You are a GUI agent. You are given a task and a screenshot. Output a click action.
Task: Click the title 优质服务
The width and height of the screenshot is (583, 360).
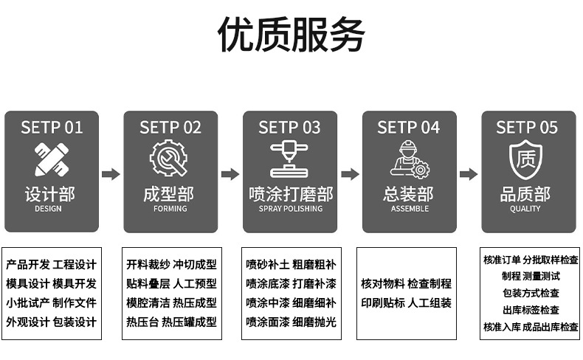click(x=291, y=35)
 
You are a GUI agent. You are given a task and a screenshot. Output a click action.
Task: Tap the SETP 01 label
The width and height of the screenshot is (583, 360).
click(x=52, y=127)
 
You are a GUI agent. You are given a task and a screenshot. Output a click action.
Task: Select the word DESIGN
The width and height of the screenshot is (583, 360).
click(x=49, y=209)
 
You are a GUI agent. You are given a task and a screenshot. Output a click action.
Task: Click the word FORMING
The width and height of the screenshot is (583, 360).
click(x=170, y=209)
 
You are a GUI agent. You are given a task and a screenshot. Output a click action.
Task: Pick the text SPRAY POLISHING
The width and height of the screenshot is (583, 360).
click(x=290, y=209)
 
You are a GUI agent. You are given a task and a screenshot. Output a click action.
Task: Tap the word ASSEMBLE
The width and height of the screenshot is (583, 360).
click(x=410, y=209)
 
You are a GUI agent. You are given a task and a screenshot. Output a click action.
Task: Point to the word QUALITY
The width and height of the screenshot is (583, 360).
click(x=525, y=209)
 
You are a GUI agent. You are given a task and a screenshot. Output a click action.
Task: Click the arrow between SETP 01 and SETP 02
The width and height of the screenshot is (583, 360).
click(x=111, y=174)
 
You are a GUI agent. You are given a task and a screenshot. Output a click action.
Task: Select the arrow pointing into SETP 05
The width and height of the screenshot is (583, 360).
click(x=469, y=174)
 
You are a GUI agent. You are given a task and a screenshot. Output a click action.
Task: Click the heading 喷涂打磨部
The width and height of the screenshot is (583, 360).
click(x=290, y=194)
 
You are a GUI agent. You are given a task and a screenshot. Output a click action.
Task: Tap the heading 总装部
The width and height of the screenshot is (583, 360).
click(x=409, y=194)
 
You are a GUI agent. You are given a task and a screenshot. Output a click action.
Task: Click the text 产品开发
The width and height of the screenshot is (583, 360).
click(x=28, y=265)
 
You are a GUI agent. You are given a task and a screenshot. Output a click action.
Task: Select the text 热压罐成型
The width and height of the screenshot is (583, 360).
click(x=190, y=322)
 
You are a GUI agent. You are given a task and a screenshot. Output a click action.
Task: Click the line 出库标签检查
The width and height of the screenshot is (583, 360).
click(x=531, y=310)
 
